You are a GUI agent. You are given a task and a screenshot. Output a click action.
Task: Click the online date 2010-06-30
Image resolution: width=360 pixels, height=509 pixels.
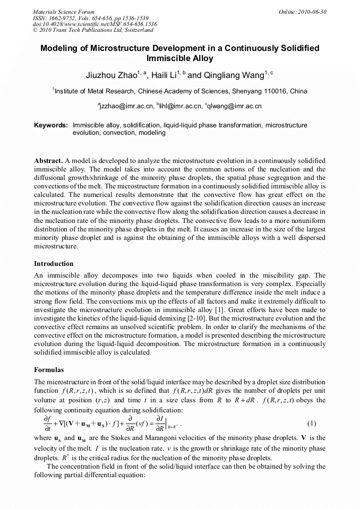(x=312, y=12)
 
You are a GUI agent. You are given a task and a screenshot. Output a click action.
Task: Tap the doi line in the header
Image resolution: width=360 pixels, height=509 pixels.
(x=95, y=24)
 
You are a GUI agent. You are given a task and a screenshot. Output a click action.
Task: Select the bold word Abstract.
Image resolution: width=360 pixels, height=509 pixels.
(x=48, y=160)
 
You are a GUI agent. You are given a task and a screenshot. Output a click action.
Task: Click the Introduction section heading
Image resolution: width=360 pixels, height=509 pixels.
(x=54, y=264)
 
